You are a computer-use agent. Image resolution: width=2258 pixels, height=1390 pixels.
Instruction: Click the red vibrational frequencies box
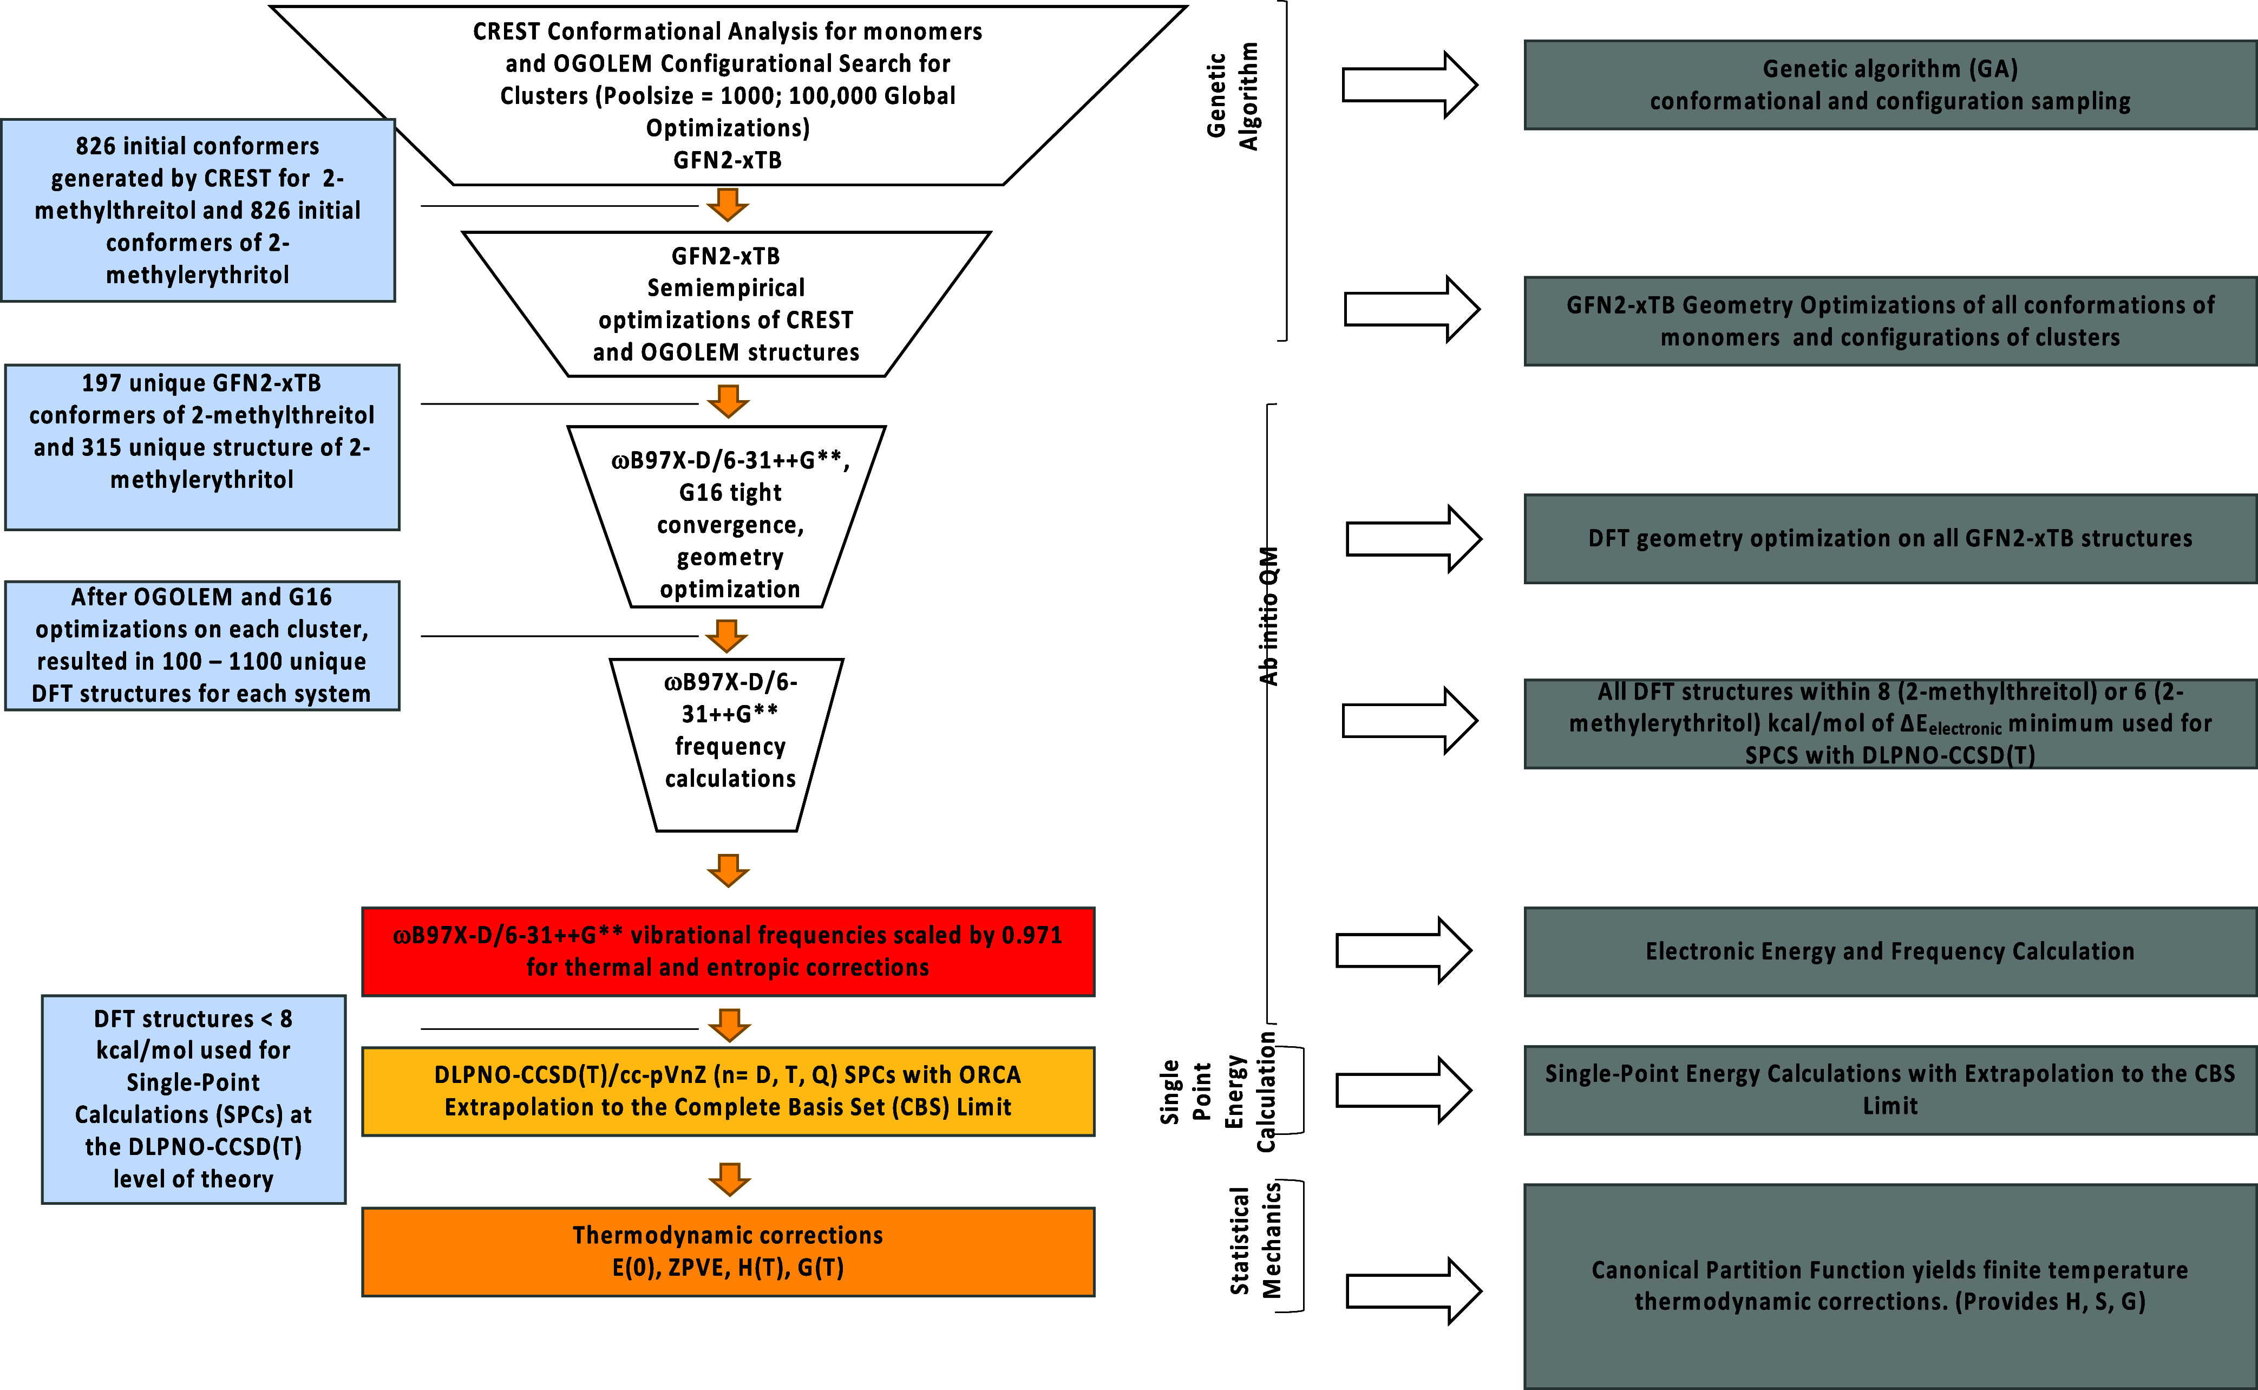pyautogui.click(x=728, y=951)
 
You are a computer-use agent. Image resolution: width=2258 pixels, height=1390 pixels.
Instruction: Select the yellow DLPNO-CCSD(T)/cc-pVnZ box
pyautogui.click(x=728, y=1091)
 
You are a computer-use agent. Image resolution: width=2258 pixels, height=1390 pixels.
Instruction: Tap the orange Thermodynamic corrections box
pyautogui.click(x=728, y=1251)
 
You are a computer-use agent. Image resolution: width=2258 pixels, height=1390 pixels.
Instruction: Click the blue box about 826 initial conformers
pyautogui.click(x=198, y=210)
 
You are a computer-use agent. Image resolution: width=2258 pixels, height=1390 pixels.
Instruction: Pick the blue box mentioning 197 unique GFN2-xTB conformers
pyautogui.click(x=202, y=447)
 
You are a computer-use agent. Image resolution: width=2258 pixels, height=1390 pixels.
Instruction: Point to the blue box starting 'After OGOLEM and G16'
pyautogui.click(x=202, y=645)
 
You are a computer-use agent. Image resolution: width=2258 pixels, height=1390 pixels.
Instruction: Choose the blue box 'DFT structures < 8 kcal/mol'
pyautogui.click(x=194, y=1099)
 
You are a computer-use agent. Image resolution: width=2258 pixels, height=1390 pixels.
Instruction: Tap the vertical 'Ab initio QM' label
pyautogui.click(x=1268, y=616)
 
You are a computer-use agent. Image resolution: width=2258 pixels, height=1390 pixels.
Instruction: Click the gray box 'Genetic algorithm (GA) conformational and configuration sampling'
pyautogui.click(x=1890, y=84)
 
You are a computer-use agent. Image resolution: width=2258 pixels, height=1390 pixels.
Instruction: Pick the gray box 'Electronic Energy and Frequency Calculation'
pyautogui.click(x=1890, y=951)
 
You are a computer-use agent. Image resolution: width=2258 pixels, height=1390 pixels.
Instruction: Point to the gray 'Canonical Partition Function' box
pyautogui.click(x=1890, y=1286)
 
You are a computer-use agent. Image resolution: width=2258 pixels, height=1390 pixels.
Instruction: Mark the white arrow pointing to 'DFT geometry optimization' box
pyautogui.click(x=1413, y=539)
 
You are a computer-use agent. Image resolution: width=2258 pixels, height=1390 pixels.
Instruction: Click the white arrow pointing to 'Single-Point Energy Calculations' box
pyautogui.click(x=1403, y=1091)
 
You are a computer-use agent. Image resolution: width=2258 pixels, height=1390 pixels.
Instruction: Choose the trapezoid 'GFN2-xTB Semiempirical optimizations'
pyautogui.click(x=726, y=303)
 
